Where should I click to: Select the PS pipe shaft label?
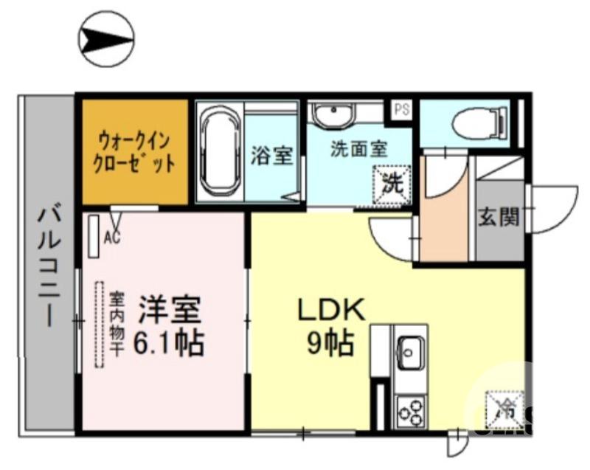(x=401, y=109)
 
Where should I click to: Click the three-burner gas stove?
(x=410, y=410)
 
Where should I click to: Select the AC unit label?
(x=112, y=238)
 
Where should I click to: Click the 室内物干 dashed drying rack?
(x=99, y=325)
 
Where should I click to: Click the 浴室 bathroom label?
(x=272, y=156)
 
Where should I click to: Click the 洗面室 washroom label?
(x=358, y=149)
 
